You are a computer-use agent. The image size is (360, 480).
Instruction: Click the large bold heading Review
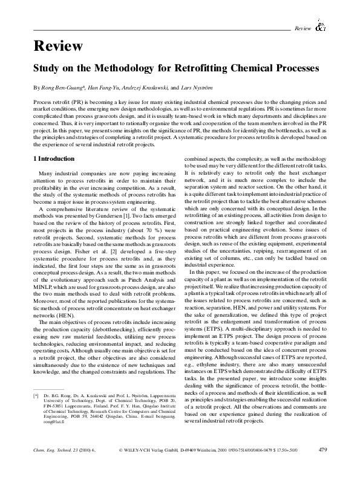57,46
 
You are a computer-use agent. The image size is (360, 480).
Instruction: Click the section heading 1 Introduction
53,158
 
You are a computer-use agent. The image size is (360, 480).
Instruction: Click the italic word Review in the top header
303,28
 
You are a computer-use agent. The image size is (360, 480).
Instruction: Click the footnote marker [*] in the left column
36,395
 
